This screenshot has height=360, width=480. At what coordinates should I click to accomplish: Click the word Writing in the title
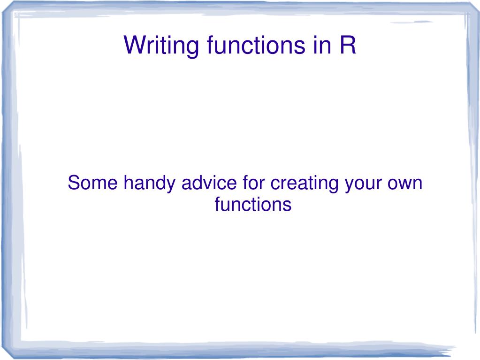(161, 46)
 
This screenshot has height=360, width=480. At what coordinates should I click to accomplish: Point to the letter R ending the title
(348, 45)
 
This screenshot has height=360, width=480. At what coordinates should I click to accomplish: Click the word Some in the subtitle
(93, 183)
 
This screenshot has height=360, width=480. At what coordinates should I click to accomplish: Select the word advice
(209, 183)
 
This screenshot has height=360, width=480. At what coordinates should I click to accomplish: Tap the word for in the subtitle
(253, 183)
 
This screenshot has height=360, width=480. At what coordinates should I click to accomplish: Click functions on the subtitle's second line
(253, 204)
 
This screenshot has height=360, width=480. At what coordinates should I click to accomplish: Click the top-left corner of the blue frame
(4, 12)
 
